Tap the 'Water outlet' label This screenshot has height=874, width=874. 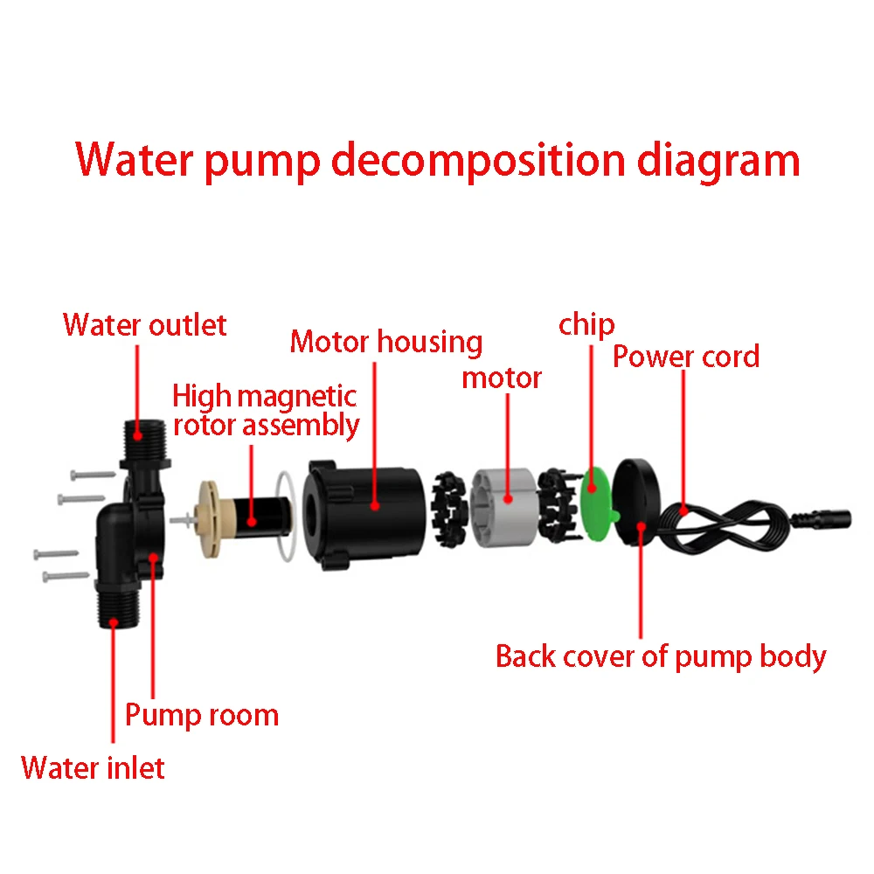coord(145,325)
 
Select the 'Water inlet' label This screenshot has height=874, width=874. coord(93,767)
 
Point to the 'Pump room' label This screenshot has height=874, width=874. coord(202,714)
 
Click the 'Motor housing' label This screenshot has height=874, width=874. coord(386,341)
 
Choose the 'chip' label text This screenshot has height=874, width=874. coord(586,325)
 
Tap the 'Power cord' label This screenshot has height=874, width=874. coord(686,356)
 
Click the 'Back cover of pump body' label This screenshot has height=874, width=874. coord(661,655)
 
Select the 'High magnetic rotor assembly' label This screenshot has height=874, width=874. coord(266,410)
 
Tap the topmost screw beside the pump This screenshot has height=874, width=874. coord(91,474)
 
